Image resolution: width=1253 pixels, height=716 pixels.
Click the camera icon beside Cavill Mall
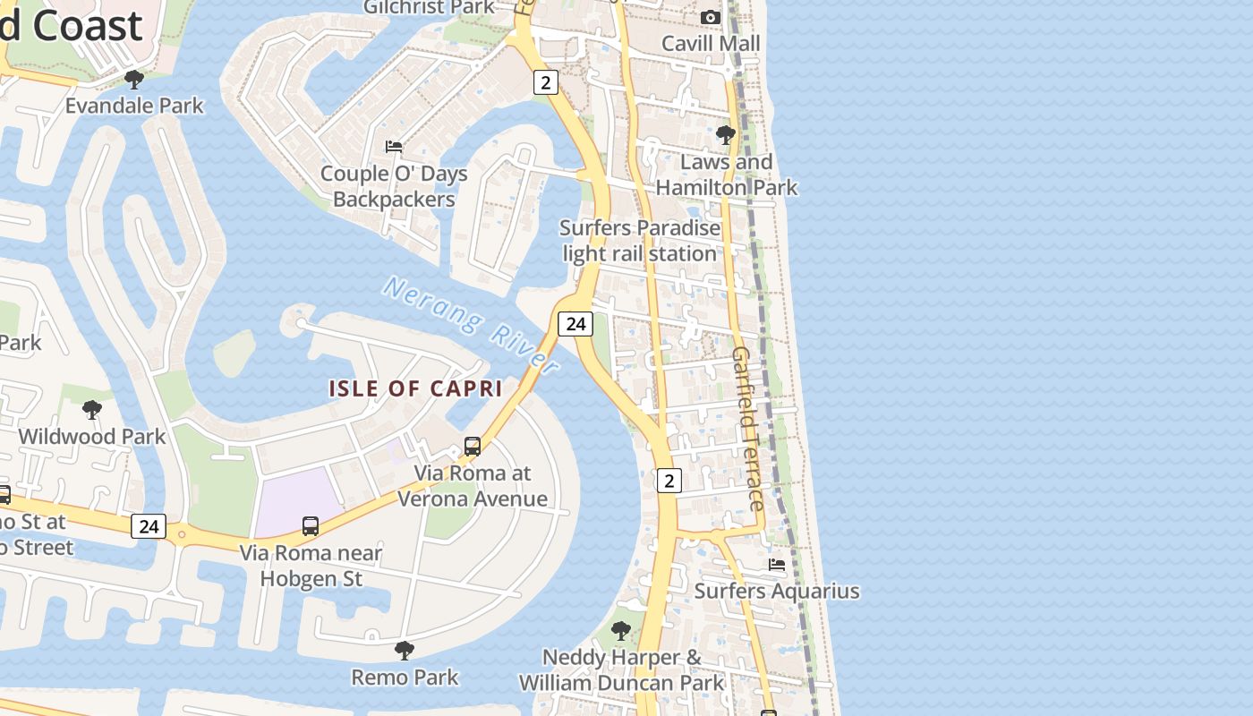point(710,17)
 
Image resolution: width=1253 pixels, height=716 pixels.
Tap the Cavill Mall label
point(711,43)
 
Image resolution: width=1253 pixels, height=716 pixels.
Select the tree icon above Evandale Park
point(134,80)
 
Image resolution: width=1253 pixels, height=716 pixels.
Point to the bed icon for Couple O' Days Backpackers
point(394,146)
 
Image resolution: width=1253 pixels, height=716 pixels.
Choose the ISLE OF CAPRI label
point(415,388)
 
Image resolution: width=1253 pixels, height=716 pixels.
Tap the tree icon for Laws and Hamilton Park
point(726,135)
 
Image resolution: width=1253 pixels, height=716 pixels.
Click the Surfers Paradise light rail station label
point(640,241)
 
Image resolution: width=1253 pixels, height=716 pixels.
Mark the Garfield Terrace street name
point(748,429)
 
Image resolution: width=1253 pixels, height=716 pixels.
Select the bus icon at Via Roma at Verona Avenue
point(472,446)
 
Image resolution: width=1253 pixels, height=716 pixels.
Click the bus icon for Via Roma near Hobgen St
point(311,525)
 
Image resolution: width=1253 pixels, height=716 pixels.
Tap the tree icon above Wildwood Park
point(91,410)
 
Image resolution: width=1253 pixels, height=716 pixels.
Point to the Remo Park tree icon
point(405,650)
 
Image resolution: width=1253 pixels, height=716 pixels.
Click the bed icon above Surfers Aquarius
point(777,565)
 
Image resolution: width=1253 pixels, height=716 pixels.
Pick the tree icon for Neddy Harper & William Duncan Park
point(620,630)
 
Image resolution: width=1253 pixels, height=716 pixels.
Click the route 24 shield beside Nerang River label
point(575,323)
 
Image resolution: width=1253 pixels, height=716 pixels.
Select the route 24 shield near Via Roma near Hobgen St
point(148,525)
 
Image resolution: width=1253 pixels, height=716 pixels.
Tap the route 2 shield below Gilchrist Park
point(545,82)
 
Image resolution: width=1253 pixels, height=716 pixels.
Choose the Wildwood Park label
point(92,437)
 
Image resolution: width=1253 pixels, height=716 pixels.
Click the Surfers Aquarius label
point(777,591)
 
